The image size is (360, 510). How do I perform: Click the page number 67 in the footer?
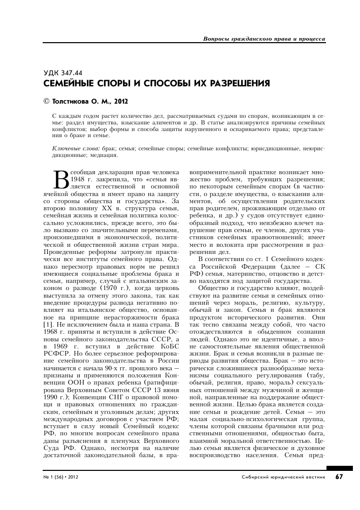point(339,477)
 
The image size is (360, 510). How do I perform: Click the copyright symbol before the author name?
point(46,102)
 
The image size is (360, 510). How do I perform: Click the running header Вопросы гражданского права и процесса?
point(264,39)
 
